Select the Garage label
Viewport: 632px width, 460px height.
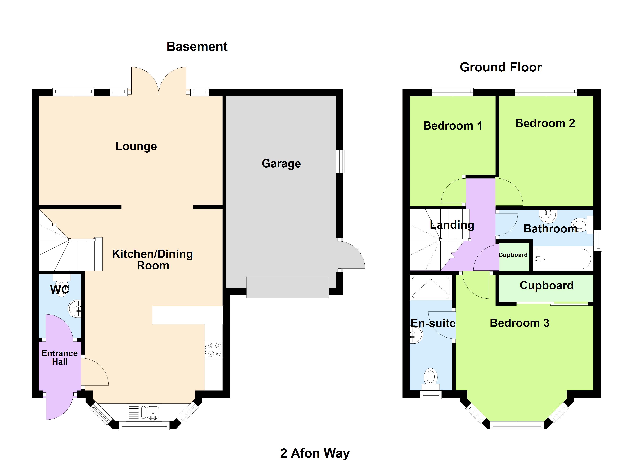tap(281, 163)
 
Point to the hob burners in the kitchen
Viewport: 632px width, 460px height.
tap(214, 350)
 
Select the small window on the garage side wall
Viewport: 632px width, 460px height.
tap(340, 161)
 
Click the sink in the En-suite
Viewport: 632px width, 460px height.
tap(416, 335)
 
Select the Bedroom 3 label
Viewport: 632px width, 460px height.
tap(519, 323)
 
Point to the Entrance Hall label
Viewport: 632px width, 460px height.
tap(60, 357)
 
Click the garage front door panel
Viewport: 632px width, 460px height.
tap(288, 287)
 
